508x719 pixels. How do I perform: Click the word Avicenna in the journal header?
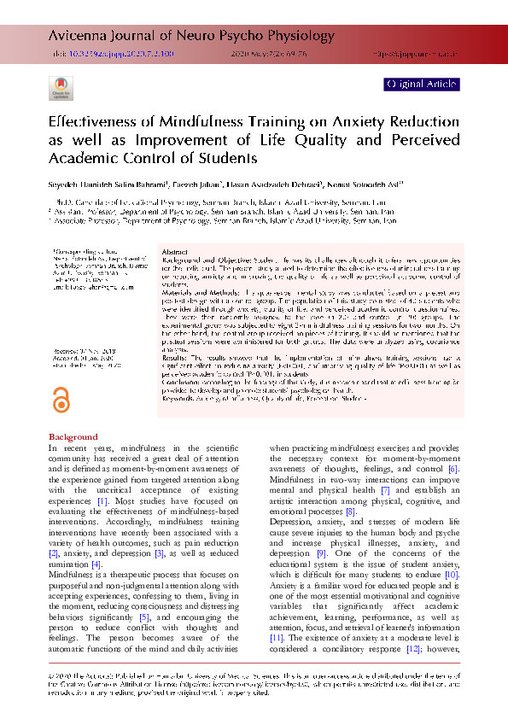(73, 35)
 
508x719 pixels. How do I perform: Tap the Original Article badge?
(422, 84)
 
